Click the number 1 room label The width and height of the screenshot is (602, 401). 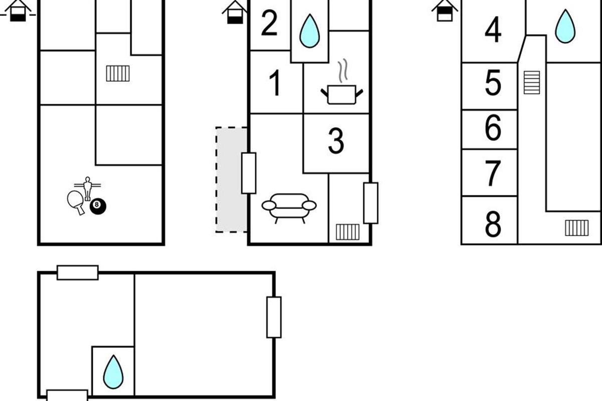(275, 83)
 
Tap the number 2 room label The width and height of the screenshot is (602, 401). (269, 23)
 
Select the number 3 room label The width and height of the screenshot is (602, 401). (336, 141)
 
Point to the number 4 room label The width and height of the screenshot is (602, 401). (493, 30)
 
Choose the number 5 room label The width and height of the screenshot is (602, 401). (493, 83)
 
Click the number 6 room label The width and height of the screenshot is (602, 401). (493, 128)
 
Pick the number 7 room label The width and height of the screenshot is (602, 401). (493, 173)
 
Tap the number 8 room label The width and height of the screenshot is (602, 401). (493, 225)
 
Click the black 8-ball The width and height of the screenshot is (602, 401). (98, 206)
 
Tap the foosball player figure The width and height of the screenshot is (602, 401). (88, 187)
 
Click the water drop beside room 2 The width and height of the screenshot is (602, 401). (310, 31)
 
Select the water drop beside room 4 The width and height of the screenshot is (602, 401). (565, 26)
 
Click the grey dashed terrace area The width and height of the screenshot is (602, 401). (231, 179)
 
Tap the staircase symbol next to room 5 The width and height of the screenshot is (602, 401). (532, 82)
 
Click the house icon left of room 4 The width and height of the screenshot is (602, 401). (444, 10)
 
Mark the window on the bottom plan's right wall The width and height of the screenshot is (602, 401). (274, 317)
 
